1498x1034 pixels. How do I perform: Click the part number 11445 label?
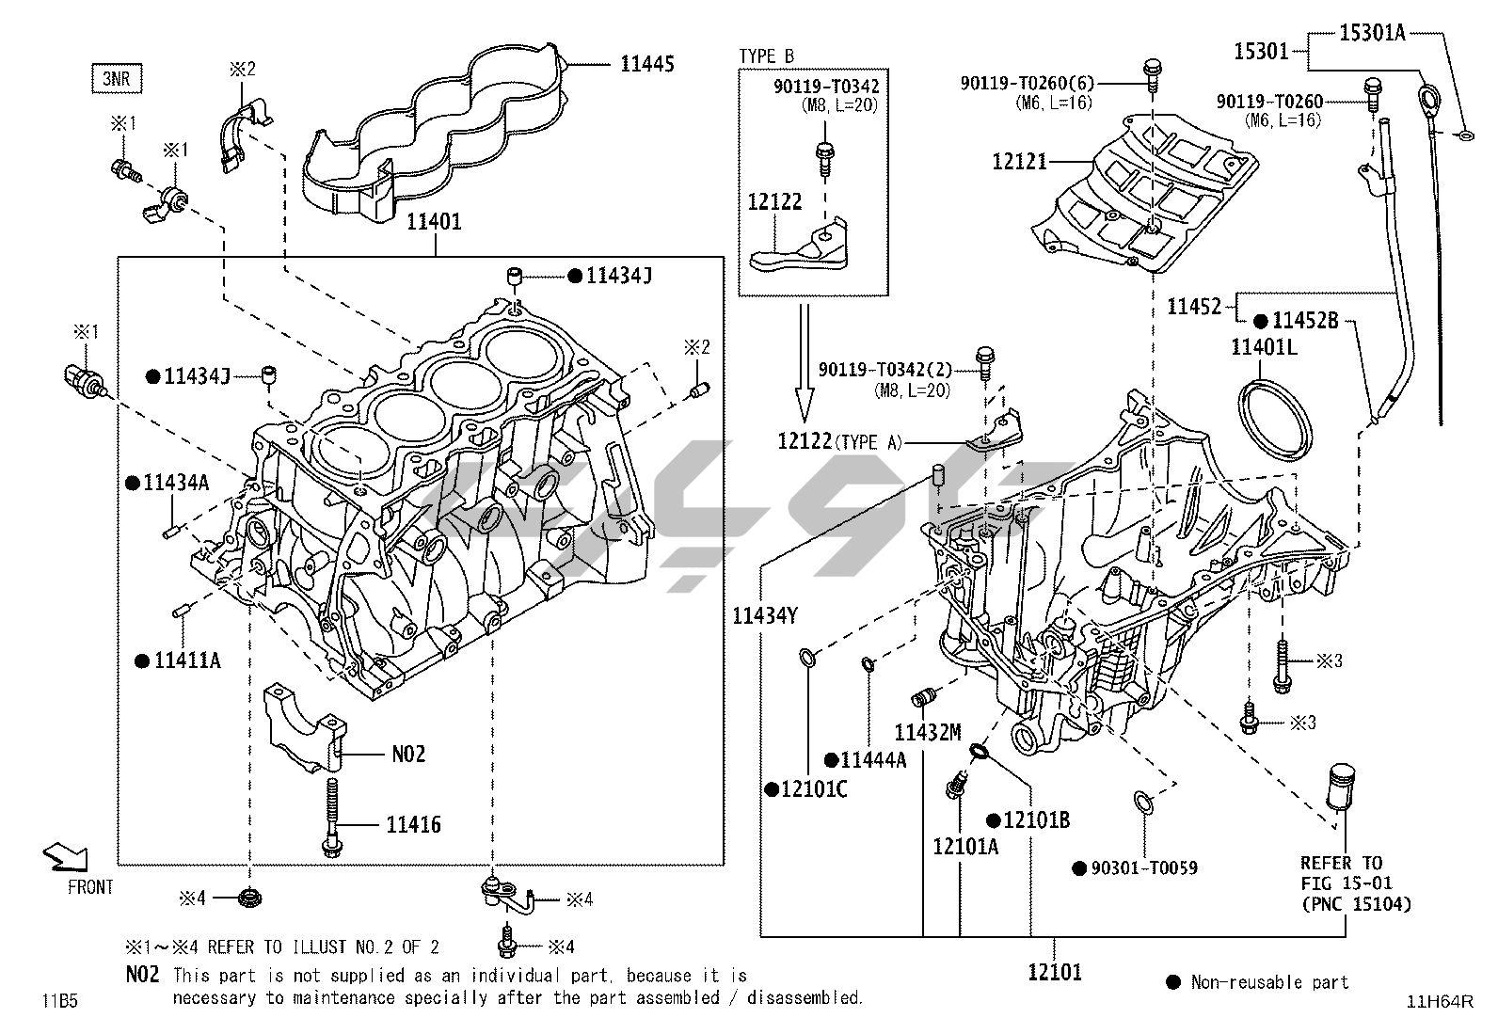(x=646, y=64)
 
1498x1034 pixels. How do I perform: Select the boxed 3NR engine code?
(x=117, y=78)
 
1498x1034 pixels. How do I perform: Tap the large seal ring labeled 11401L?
(x=1277, y=420)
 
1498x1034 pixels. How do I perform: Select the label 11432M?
(x=927, y=732)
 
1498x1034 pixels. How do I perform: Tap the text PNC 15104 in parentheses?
(x=1356, y=904)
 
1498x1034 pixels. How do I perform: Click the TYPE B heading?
(x=766, y=56)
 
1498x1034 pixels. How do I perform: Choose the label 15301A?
(x=1372, y=33)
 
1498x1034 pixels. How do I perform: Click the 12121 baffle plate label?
(x=1019, y=162)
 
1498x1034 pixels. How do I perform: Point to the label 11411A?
(x=187, y=660)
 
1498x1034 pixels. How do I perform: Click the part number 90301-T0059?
(x=1143, y=867)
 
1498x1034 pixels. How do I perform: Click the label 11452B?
(x=1305, y=321)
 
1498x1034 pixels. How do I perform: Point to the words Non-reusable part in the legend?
(x=1269, y=982)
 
